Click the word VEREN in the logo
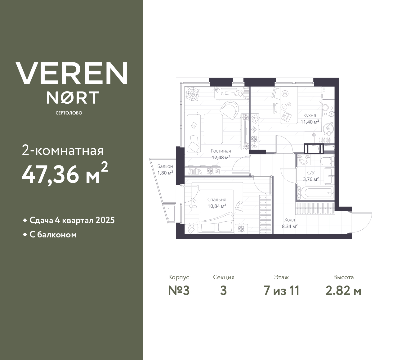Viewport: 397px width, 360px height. point(72,73)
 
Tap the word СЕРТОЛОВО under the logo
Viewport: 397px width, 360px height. point(69,113)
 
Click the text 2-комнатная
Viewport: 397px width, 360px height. point(63,151)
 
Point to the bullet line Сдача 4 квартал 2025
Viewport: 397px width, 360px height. point(72,220)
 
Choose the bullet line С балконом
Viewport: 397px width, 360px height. point(53,235)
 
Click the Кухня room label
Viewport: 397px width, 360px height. point(310,115)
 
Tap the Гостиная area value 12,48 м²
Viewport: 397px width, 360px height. point(221,157)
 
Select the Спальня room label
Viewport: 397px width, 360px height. point(217,200)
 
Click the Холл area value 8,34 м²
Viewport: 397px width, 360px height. point(289,226)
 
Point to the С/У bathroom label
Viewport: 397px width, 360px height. point(310,173)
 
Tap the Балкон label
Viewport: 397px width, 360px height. point(165,166)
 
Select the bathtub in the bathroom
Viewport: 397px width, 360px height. point(315,193)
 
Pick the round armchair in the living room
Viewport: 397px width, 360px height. point(230,110)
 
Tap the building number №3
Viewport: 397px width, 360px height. point(179,291)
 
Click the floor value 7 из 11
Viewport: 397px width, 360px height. point(281,291)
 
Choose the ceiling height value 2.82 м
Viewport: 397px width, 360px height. point(343,291)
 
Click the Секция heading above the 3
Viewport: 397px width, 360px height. point(224,277)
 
